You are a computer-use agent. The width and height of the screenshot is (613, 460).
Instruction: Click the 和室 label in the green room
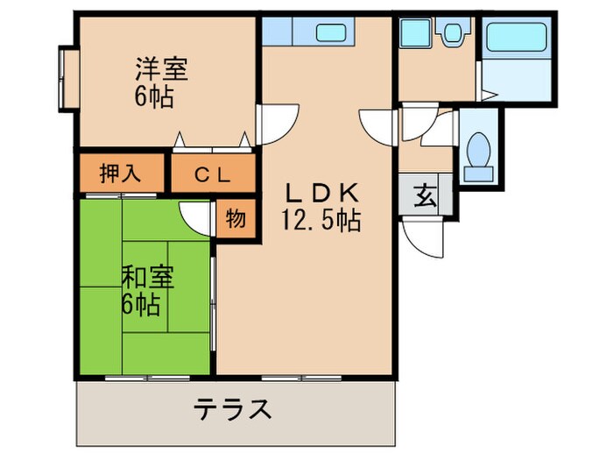147,278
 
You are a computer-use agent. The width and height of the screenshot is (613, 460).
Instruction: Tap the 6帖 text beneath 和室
140,306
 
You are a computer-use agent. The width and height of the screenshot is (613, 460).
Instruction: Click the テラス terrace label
231,409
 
